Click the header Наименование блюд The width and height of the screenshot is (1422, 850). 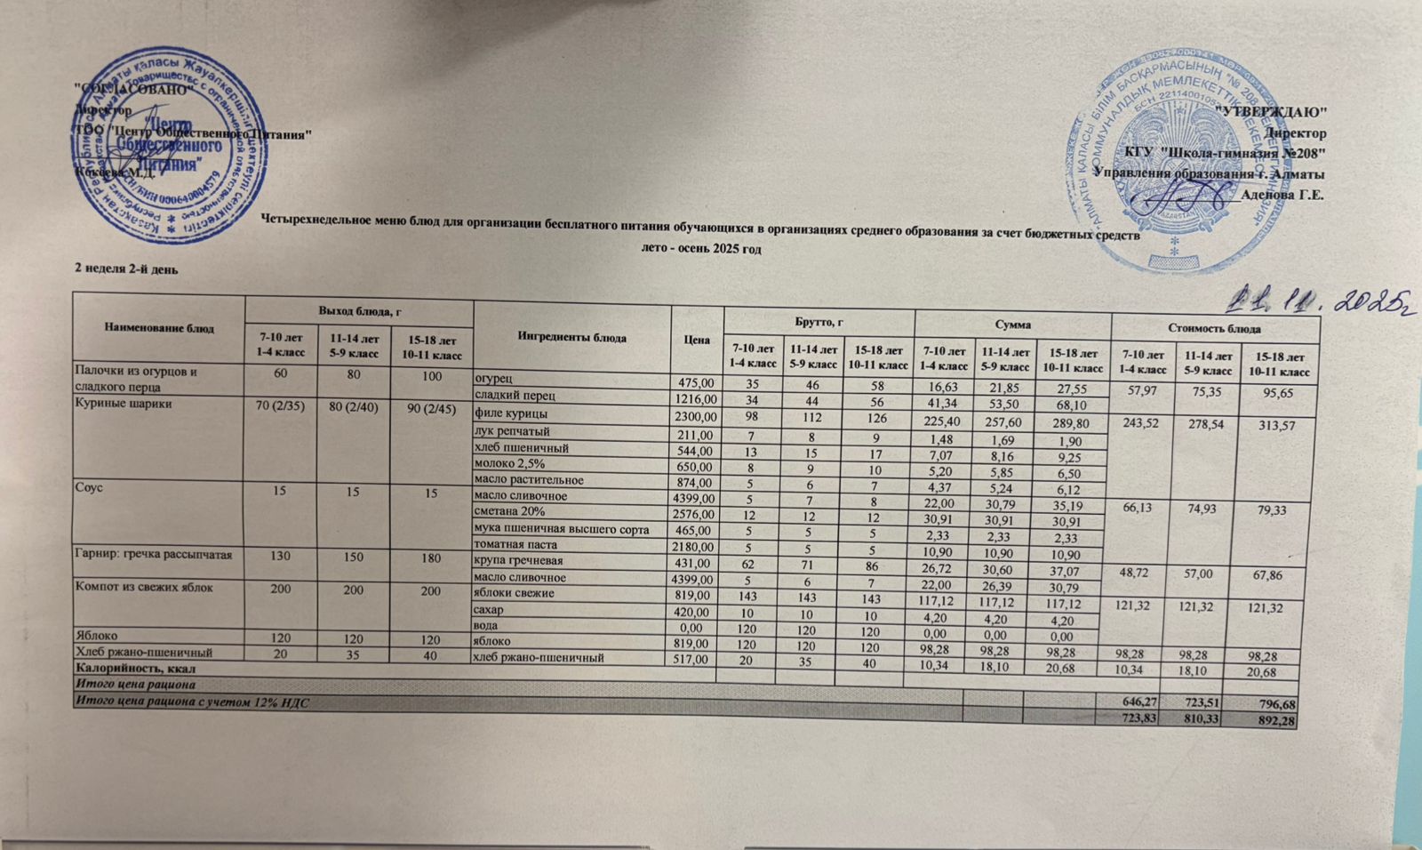click(159, 328)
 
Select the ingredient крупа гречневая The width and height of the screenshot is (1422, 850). click(520, 561)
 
